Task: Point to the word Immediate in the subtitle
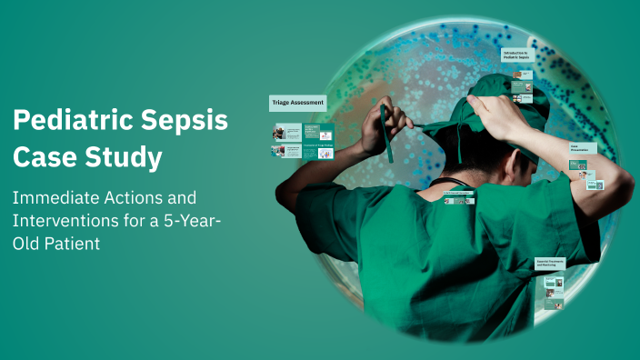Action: [54, 197]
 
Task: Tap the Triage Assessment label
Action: [296, 103]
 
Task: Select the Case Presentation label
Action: [583, 148]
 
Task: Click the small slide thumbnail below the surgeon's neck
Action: [459, 197]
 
